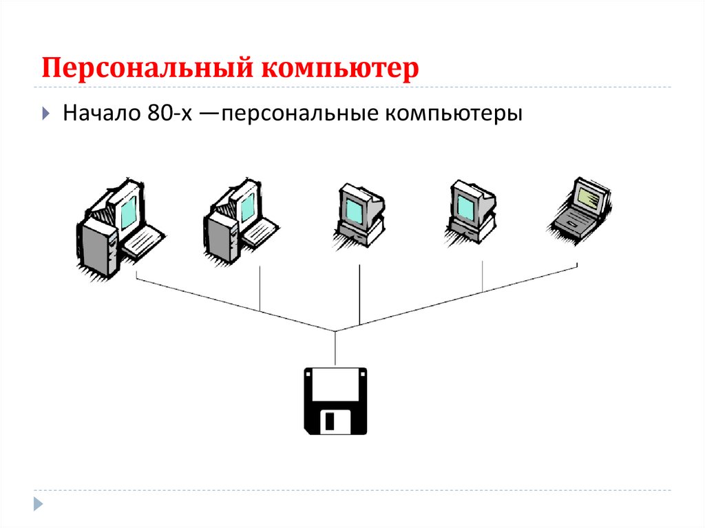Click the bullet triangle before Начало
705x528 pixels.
click(45, 112)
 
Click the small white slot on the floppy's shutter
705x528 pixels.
click(331, 421)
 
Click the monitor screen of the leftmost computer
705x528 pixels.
click(128, 210)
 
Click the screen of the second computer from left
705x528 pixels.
click(246, 207)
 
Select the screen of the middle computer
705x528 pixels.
click(355, 205)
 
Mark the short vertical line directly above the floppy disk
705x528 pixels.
click(335, 348)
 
